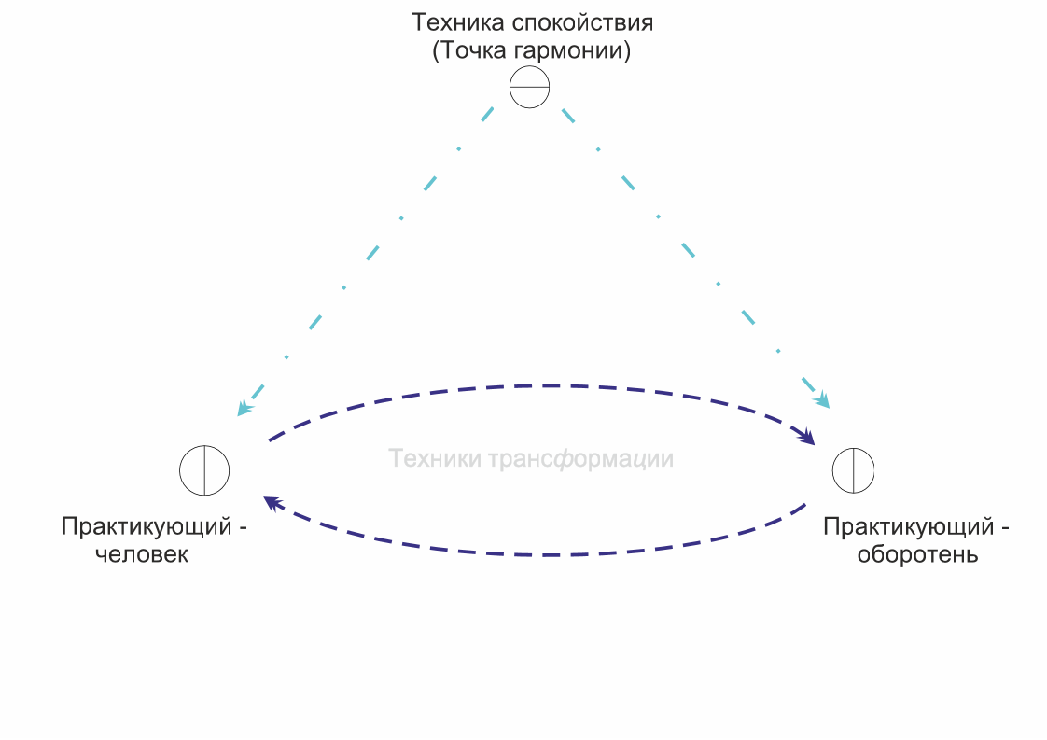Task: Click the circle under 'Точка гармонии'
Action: coord(529,88)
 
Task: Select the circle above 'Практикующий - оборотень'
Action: coord(854,469)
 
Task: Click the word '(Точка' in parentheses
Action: coord(466,50)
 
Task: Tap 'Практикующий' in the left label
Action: coord(146,526)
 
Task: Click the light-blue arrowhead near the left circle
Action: coord(244,408)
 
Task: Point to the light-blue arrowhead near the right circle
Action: coord(822,401)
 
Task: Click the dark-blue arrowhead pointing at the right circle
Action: coord(804,436)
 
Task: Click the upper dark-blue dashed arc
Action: coord(541,385)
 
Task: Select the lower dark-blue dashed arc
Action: coord(541,554)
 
